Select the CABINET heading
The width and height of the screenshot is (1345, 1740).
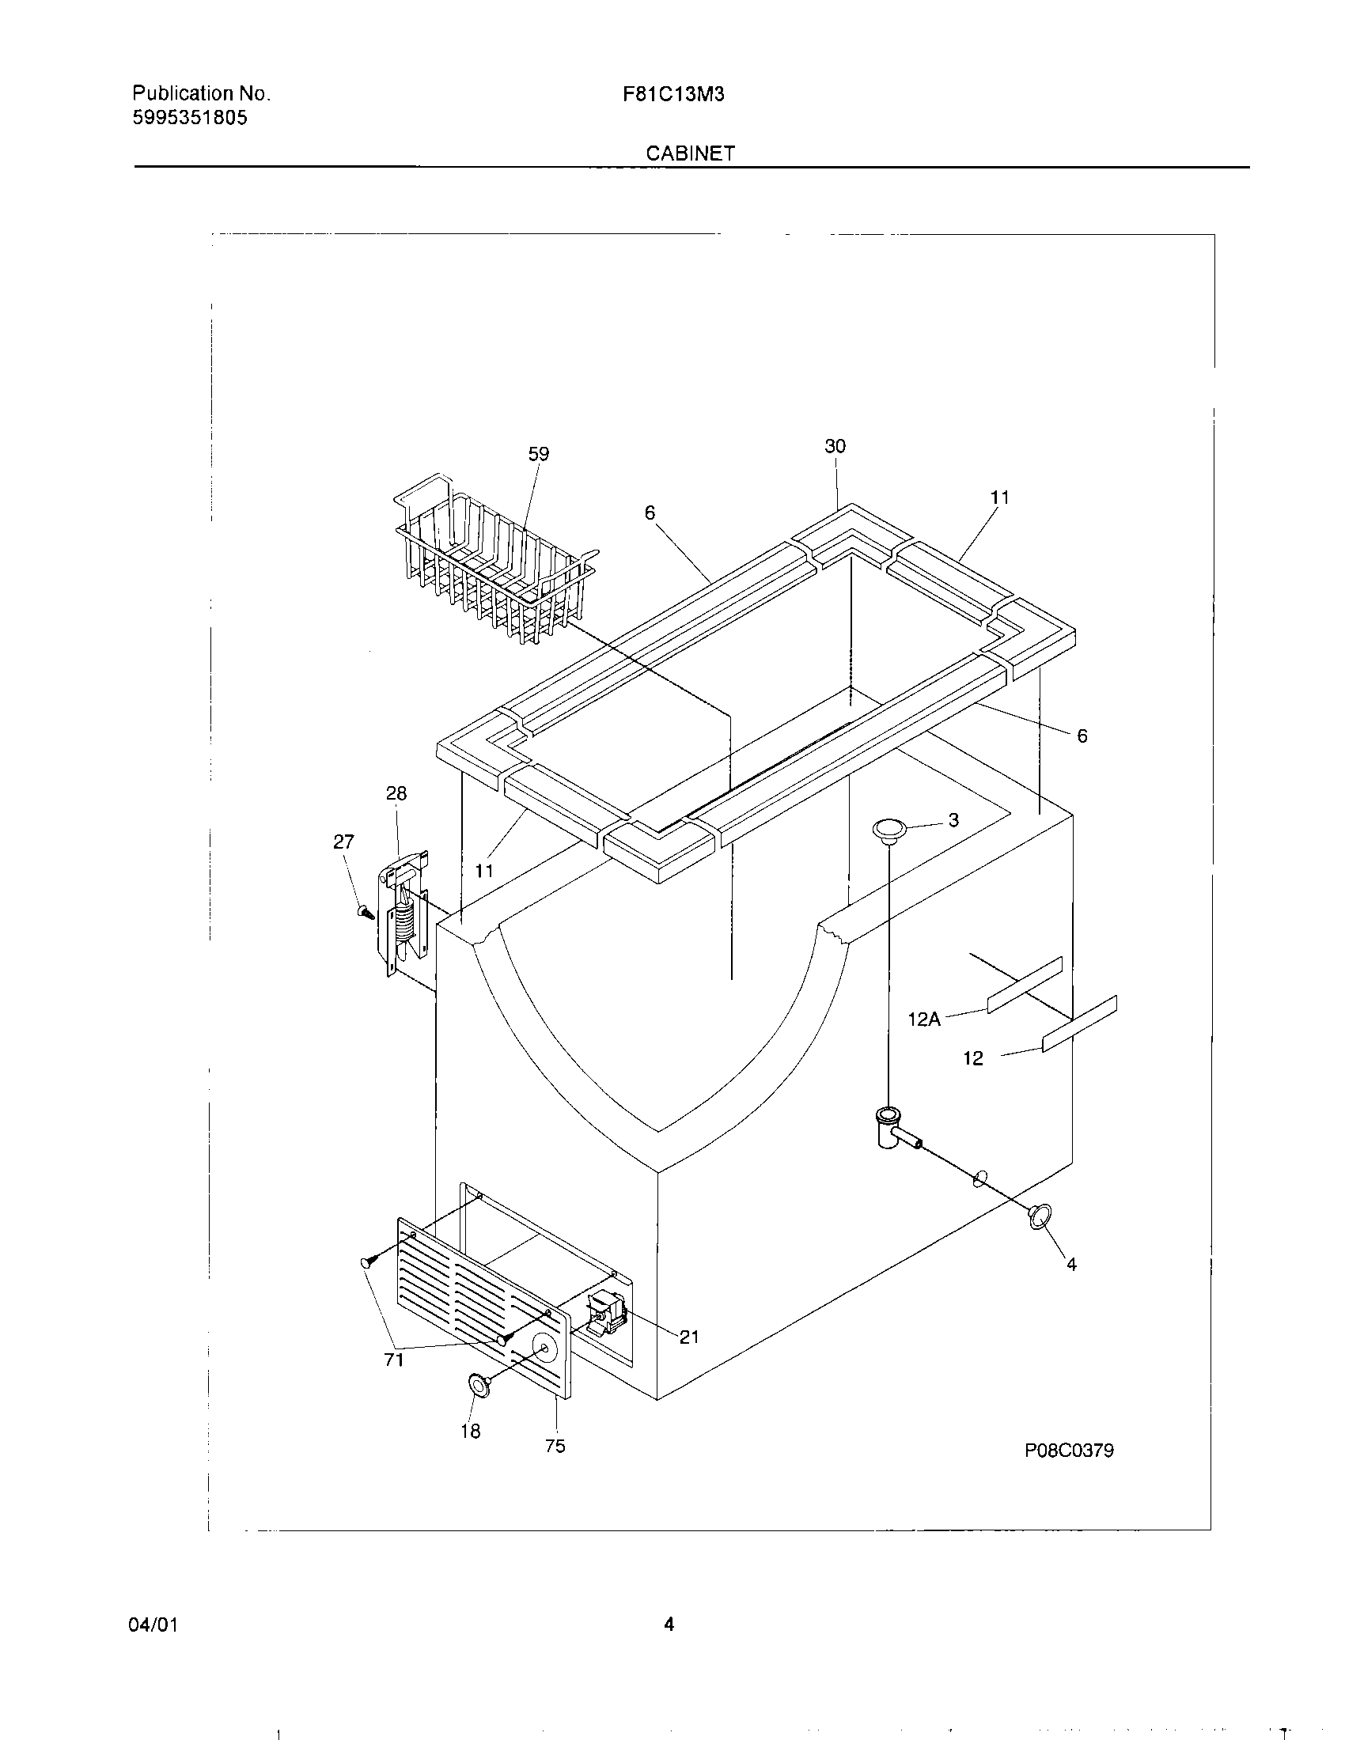click(x=690, y=153)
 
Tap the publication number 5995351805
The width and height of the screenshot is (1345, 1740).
click(x=190, y=119)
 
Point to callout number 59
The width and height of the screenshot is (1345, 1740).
click(x=539, y=454)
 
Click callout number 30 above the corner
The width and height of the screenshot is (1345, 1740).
click(x=835, y=446)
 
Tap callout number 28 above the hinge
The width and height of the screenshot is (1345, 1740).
click(x=396, y=793)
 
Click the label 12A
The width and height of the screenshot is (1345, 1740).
click(x=924, y=1019)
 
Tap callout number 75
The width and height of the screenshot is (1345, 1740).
click(x=555, y=1446)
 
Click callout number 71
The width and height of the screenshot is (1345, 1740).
click(x=394, y=1360)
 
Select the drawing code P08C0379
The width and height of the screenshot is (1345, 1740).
click(x=1069, y=1451)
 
